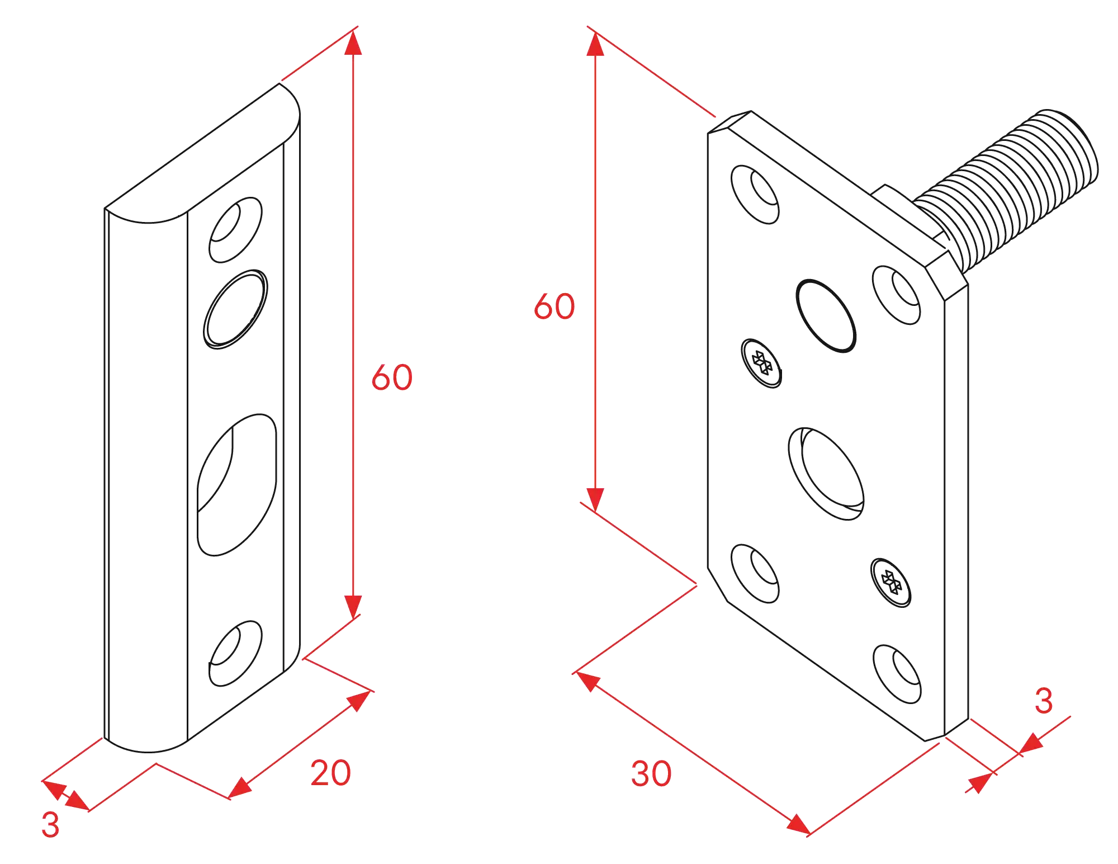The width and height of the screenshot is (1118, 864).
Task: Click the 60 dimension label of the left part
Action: point(392,377)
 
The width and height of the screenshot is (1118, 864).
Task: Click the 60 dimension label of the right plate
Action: point(554,306)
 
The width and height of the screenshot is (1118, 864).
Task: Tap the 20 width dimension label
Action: point(330,773)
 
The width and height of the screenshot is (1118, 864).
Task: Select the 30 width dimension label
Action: point(651,774)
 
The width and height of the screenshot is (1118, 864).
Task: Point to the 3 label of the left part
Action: point(50,825)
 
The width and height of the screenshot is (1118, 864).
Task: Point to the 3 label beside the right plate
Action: point(1044,701)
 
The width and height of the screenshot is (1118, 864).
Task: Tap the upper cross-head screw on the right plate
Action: point(761,363)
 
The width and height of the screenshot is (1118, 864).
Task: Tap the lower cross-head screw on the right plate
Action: point(891,582)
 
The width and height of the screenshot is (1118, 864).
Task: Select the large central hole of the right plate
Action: point(826,474)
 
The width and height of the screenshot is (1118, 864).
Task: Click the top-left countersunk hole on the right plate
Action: point(755,195)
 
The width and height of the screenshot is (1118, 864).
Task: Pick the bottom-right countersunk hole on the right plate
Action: point(897,674)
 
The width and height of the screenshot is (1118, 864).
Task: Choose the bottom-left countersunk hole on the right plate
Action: point(755,573)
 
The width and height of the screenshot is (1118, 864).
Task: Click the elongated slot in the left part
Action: point(237,485)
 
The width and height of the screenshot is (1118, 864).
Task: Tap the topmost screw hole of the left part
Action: point(235,230)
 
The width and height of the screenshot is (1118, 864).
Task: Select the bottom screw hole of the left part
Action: point(235,653)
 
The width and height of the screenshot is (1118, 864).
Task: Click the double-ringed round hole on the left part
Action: point(235,309)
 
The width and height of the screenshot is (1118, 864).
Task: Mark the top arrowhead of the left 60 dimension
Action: point(353,43)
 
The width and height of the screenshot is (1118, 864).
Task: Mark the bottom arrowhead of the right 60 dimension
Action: point(595,500)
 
